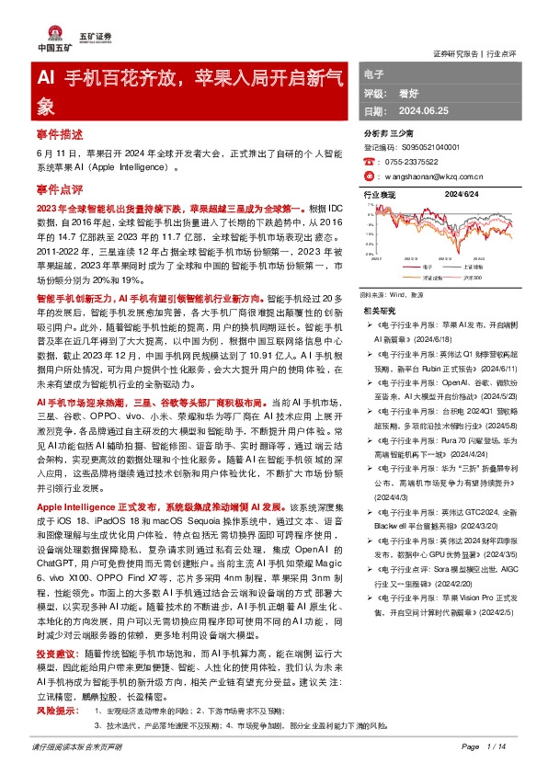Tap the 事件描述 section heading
(60, 132)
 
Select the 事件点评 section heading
(60, 188)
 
